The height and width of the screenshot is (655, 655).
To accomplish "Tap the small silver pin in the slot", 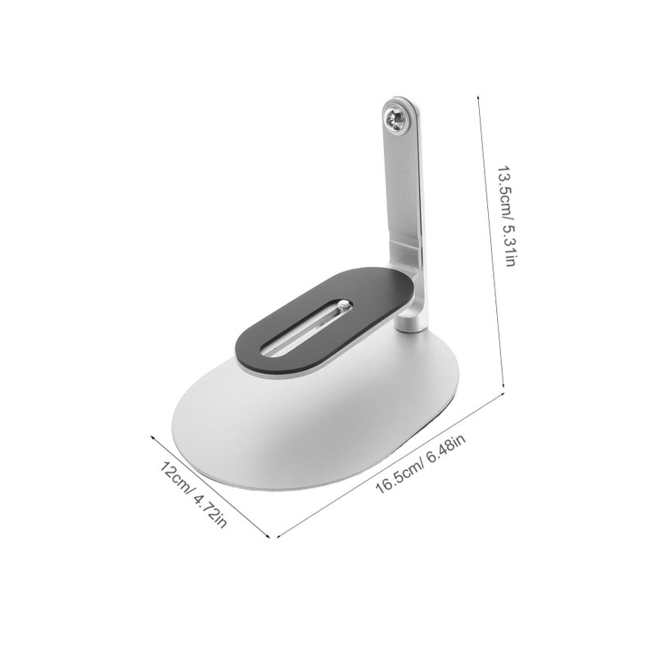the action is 343,304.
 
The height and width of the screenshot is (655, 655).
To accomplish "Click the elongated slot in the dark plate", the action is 306,327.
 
